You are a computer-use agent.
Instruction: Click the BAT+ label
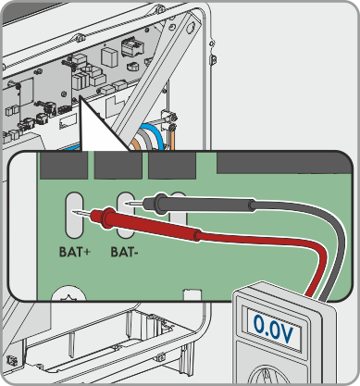point(75,252)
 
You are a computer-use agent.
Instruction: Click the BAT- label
point(124,252)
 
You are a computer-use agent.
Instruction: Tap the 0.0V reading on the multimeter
point(273,330)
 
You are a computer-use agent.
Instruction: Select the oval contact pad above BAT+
point(74,215)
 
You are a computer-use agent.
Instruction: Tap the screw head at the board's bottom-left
point(68,293)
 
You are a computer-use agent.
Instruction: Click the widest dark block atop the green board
point(284,163)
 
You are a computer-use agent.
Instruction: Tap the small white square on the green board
point(192,294)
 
